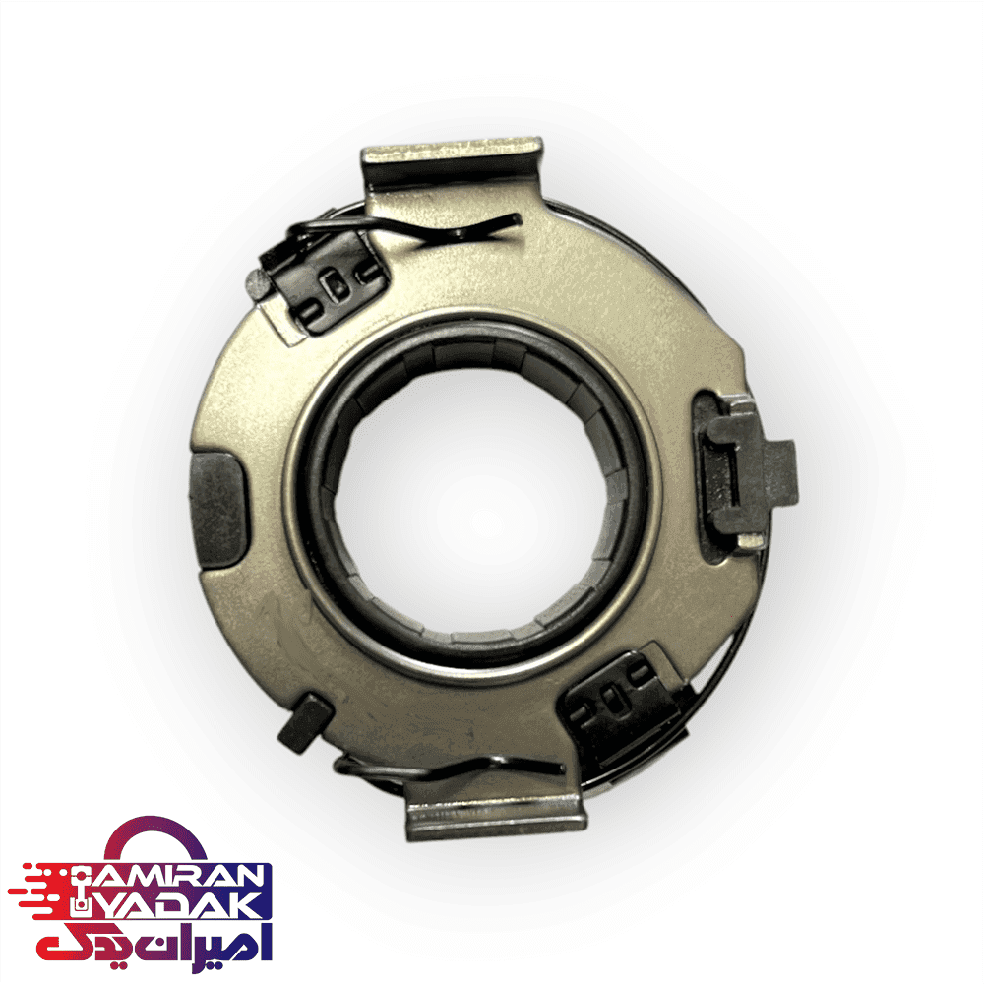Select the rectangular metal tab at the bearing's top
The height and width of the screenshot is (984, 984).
[453, 163]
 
